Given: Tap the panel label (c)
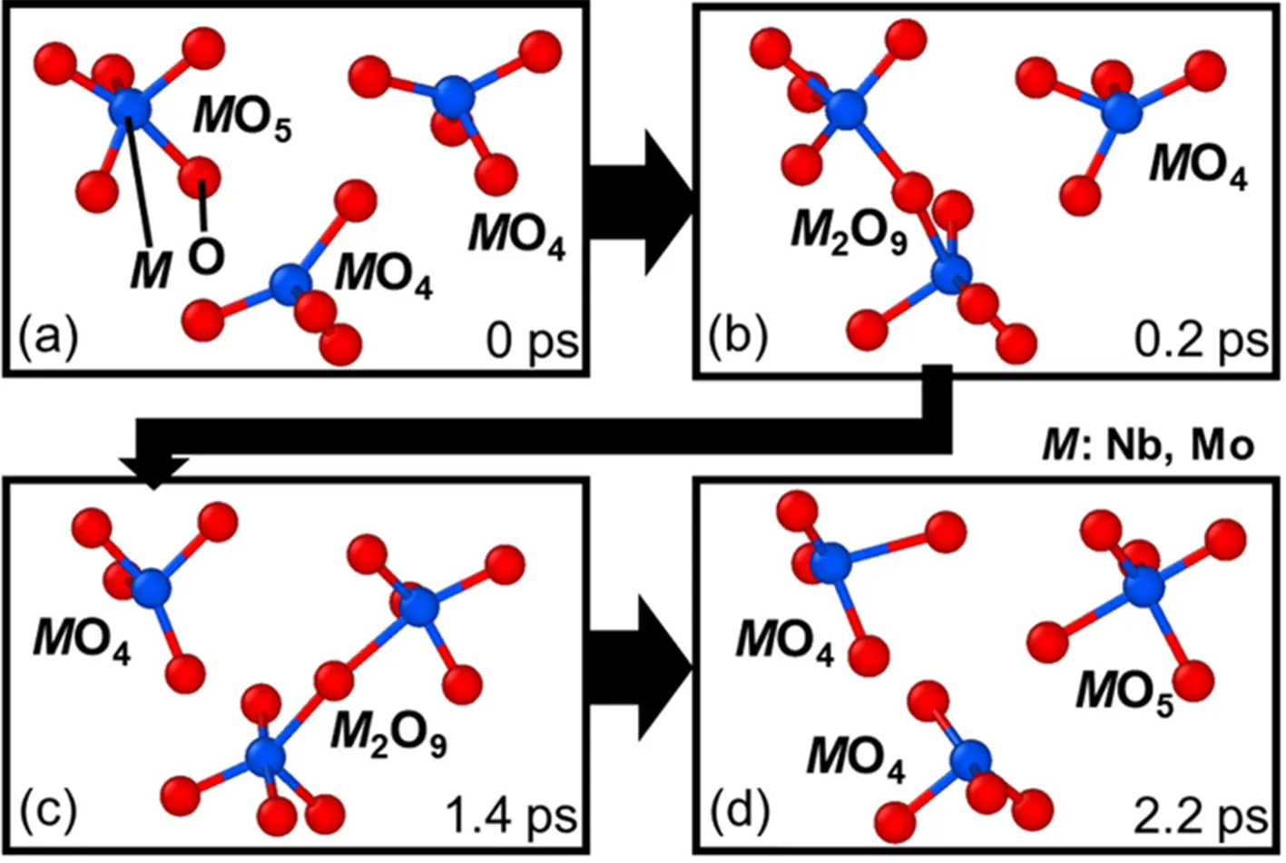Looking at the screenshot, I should (x=48, y=810).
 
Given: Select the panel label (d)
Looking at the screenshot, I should (x=738, y=810).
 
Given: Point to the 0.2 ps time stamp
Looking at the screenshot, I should (x=1200, y=341).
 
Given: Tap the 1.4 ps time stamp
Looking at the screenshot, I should (x=511, y=815).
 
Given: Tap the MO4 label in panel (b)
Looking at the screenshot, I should (x=1198, y=166).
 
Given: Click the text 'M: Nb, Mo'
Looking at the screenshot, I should (x=1147, y=446).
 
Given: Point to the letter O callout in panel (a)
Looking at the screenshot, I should (x=206, y=256).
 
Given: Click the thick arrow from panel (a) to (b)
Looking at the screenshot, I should (x=639, y=201).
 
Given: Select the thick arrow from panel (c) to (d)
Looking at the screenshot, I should (x=639, y=667).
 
